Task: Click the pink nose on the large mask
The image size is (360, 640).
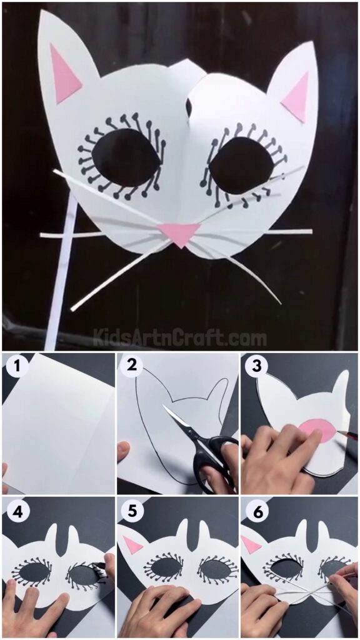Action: point(179,234)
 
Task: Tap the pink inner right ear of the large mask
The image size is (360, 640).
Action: point(296,96)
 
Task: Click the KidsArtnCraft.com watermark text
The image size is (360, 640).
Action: point(180,338)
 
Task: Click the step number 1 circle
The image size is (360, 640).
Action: point(15,366)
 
